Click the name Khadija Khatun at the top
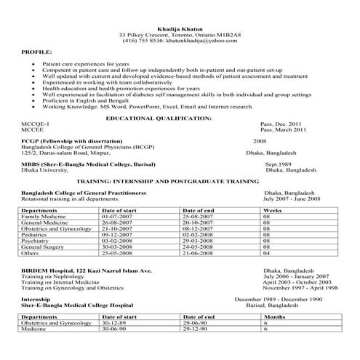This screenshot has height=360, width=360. pyautogui.click(x=180, y=27)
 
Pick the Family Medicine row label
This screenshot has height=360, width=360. pyautogui.click(x=44, y=217)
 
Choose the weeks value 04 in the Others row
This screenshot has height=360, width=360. pyautogui.click(x=266, y=254)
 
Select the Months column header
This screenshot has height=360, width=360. pyautogui.click(x=274, y=318)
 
